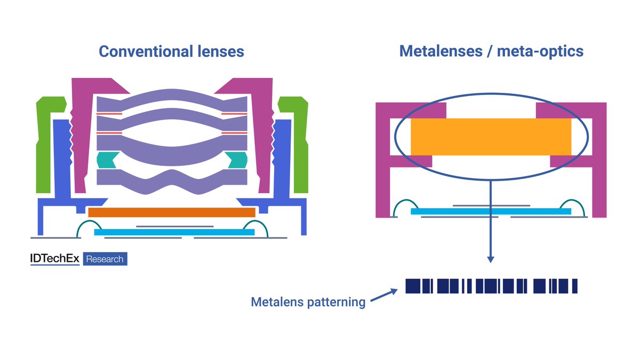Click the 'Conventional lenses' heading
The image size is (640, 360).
[171, 52]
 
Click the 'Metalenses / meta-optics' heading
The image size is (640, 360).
[491, 52]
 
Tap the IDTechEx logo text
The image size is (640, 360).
[54, 259]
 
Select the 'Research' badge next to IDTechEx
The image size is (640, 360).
[105, 259]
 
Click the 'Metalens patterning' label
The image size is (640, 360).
[308, 302]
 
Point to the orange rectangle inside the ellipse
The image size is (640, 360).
[491, 136]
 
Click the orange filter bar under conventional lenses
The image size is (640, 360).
[171, 212]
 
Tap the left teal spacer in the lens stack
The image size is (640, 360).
[105, 159]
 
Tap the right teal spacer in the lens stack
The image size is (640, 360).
[238, 159]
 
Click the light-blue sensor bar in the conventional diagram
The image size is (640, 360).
[174, 232]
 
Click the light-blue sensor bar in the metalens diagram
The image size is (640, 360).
[491, 212]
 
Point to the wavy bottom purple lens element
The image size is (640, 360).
[171, 179]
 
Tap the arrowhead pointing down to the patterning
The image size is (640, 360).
[491, 259]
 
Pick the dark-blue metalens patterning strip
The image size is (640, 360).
[491, 286]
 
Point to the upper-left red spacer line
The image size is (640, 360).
[109, 114]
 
